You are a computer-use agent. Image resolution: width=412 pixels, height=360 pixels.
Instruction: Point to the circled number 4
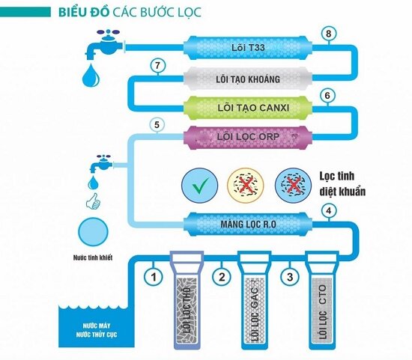pos(327,212)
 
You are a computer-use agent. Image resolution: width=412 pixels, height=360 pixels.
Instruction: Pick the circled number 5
pos(157,125)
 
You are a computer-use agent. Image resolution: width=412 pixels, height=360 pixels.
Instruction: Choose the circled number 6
pos(325,95)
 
